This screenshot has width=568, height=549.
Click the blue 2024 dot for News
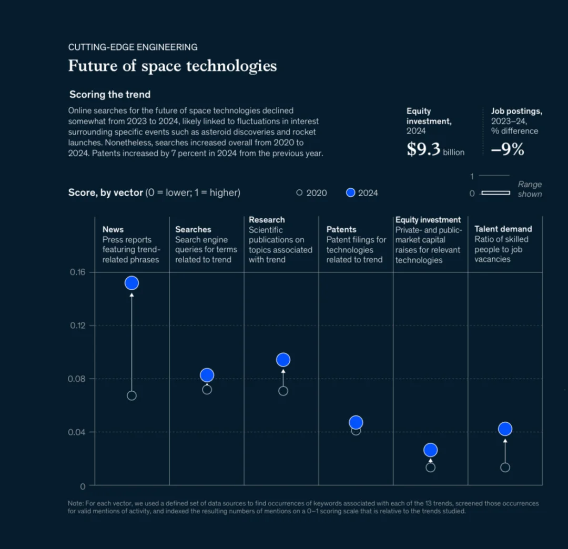coord(131,283)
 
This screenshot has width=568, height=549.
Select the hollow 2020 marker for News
coord(131,395)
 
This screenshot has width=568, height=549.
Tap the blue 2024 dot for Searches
coord(207,375)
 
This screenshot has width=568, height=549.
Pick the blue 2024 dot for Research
coord(283,360)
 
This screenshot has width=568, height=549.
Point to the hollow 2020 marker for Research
coord(283,391)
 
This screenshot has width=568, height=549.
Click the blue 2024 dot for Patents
coord(356,422)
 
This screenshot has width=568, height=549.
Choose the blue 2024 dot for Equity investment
coord(431,450)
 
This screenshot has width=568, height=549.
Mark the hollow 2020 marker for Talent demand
coord(505,467)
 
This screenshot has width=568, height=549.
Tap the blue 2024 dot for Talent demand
coord(505,429)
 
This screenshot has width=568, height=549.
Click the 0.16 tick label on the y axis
coord(77,272)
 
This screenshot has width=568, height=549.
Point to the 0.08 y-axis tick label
coord(77,379)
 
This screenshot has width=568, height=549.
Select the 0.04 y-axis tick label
coord(77,432)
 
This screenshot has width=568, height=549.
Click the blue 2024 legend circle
coord(351,192)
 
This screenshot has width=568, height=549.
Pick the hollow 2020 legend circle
coord(299,192)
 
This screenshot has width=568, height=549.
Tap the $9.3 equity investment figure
coord(423,150)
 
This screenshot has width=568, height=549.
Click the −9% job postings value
coord(508,150)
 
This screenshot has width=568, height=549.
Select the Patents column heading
coord(341,229)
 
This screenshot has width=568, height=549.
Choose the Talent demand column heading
coord(503,229)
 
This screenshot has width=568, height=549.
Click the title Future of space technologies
coord(173,66)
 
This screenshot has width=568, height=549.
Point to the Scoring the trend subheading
coord(110,95)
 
